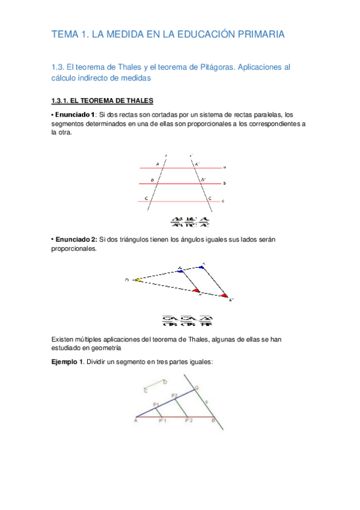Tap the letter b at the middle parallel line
[x=224, y=183]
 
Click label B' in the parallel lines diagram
[x=203, y=179]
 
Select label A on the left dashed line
[x=157, y=164]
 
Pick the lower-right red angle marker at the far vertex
[x=224, y=295]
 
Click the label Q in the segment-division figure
[x=197, y=388]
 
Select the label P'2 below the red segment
[x=188, y=422]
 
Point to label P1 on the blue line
[x=156, y=404]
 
